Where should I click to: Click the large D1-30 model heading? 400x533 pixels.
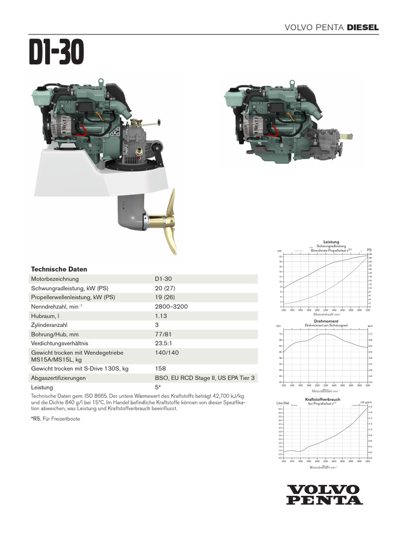coord(56,53)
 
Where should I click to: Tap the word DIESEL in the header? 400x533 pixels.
coord(363,27)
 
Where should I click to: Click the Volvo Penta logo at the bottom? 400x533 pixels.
coord(324,494)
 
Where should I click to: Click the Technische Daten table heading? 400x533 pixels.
coord(59,269)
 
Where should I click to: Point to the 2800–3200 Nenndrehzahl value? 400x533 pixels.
coord(172,307)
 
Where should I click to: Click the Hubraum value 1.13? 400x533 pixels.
coord(160,316)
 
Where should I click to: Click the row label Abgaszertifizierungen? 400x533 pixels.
coord(58,378)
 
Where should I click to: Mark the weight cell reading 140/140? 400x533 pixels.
coord(167,352)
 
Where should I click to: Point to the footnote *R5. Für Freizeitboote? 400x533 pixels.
coord(56,419)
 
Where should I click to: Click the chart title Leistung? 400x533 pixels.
coord(331,242)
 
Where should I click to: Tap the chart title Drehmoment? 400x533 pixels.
coord(326,321)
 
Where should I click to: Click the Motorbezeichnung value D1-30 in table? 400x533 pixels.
coord(163,279)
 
